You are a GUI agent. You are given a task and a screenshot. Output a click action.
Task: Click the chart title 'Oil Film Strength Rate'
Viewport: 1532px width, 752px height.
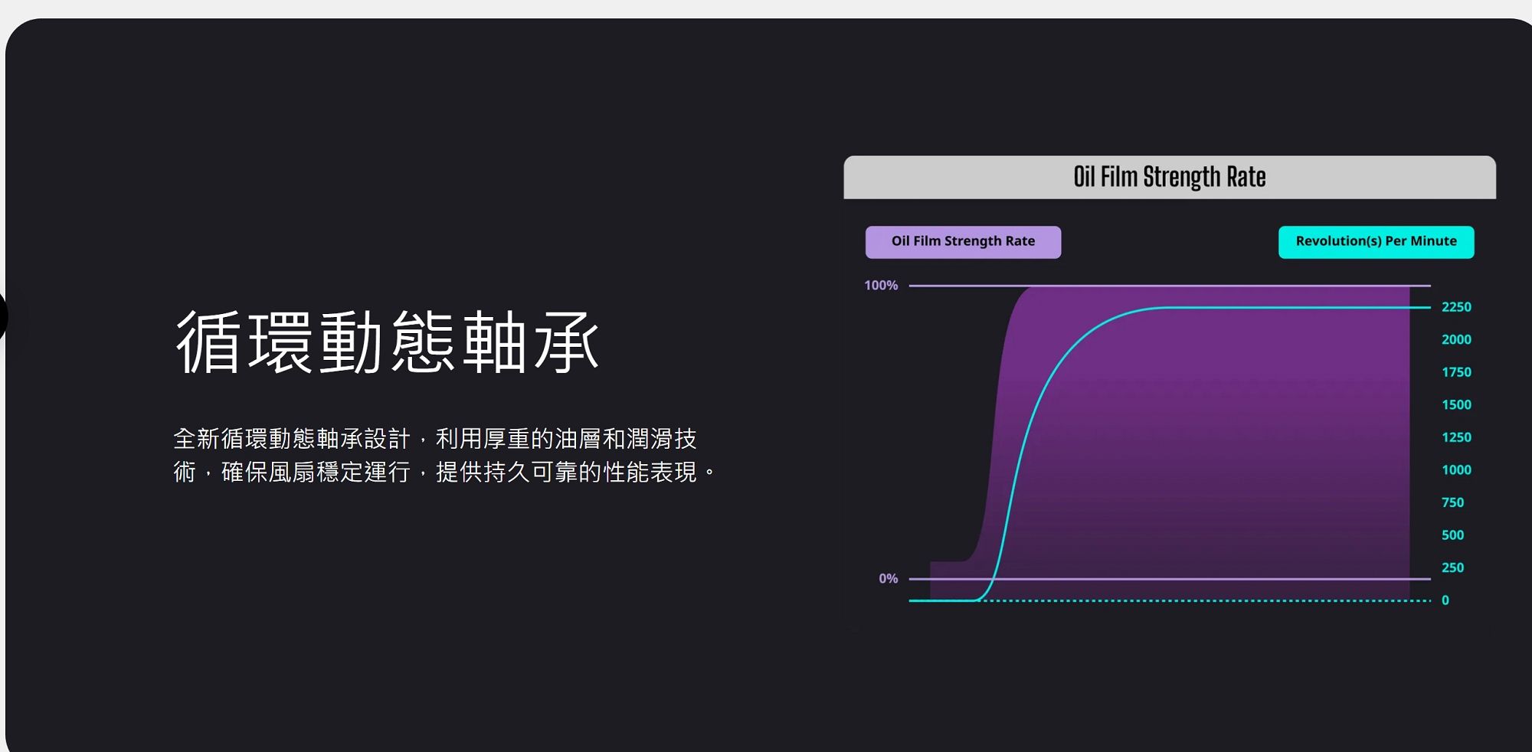1169,177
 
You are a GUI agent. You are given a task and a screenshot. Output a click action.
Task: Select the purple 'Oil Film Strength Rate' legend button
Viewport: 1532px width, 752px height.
963,242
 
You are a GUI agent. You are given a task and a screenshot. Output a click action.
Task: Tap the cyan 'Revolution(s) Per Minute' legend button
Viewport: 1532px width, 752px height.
1376,242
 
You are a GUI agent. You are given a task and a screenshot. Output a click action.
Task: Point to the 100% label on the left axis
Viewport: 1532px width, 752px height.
881,286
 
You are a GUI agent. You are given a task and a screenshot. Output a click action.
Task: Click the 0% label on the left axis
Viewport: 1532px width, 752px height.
888,579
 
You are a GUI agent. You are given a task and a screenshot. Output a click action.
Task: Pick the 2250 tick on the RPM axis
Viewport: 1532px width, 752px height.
1456,307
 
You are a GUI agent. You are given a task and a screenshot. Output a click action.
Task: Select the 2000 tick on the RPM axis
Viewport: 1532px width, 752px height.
1456,340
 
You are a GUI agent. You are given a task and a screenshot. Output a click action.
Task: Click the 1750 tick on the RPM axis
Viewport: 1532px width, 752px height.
1456,372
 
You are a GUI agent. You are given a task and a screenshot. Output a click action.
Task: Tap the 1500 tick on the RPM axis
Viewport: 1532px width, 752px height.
1456,405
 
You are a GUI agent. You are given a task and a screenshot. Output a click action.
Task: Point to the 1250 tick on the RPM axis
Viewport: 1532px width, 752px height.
1456,437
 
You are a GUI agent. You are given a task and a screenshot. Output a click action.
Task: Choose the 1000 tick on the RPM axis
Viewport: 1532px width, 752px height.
1456,470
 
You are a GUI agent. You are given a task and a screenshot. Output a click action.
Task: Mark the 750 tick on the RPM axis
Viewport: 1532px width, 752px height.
1452,502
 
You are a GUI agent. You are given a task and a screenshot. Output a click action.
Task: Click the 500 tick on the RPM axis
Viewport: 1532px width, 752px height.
1452,535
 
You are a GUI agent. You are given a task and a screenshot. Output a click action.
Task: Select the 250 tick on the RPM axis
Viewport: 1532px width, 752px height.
1452,567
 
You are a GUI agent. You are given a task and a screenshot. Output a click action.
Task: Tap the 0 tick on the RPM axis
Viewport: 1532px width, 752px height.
1445,600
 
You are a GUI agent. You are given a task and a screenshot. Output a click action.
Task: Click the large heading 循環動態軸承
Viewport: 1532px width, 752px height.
387,342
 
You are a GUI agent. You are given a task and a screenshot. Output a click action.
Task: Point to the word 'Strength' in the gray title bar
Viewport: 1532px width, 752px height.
1182,177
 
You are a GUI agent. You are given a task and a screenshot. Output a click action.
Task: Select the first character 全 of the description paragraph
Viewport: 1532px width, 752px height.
185,439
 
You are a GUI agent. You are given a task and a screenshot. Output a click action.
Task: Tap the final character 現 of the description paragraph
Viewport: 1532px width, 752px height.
686,472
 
